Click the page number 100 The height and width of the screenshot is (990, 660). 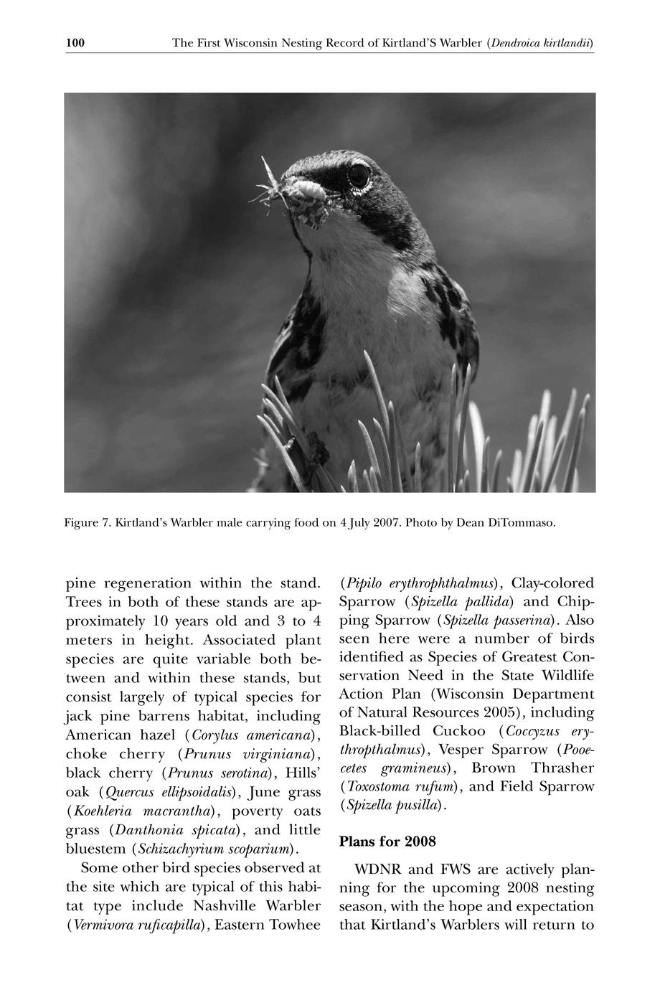click(x=75, y=44)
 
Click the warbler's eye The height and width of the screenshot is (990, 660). click(x=359, y=174)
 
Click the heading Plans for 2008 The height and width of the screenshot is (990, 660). click(x=387, y=841)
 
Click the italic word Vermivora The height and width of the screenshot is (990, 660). click(x=101, y=925)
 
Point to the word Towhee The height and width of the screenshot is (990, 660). click(x=294, y=925)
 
